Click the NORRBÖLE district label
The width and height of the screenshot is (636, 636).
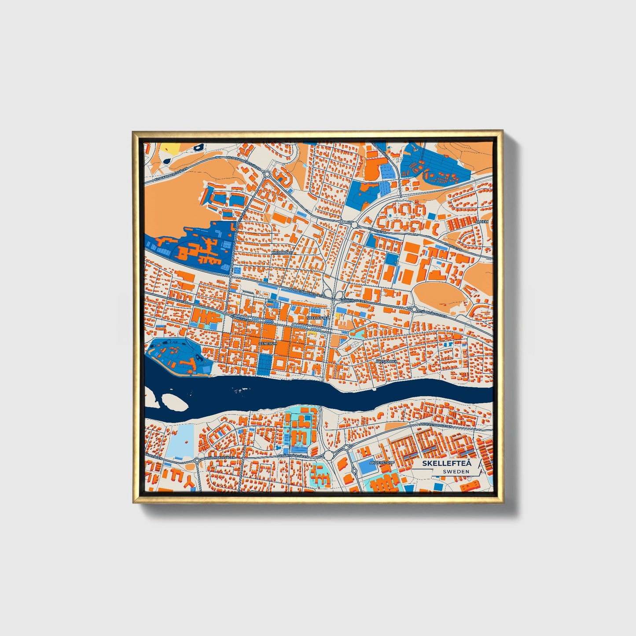282,252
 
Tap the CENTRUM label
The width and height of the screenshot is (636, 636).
268,343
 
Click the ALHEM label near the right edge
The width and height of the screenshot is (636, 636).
482,221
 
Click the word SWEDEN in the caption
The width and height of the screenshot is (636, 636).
456,471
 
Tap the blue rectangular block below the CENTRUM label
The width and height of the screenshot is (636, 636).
265,363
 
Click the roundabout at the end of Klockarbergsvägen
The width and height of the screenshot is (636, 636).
267,174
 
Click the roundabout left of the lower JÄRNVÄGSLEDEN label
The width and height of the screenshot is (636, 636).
414,309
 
